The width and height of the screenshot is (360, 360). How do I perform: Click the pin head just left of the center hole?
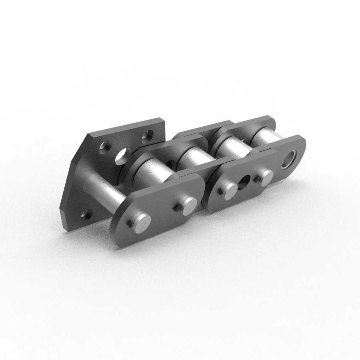pyautogui.click(x=228, y=189)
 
